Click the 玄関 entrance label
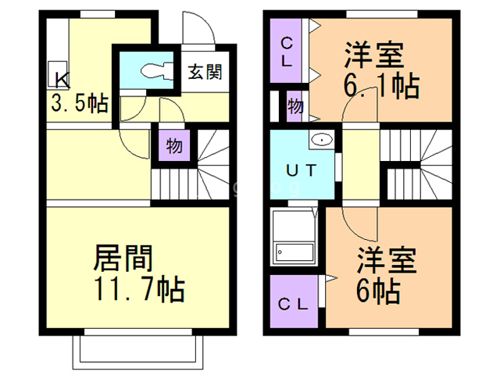click(205, 73)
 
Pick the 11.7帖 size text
click(138, 291)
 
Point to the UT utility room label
click(301, 171)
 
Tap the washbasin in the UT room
click(321, 140)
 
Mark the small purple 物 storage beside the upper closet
click(295, 105)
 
